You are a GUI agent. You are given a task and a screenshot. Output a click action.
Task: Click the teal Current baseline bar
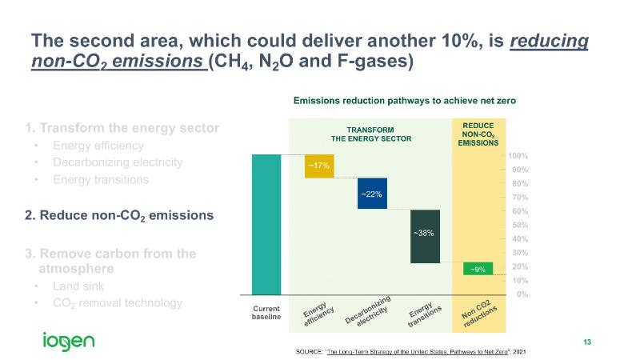coord(266,224)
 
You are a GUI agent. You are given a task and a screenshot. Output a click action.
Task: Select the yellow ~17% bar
coord(319,166)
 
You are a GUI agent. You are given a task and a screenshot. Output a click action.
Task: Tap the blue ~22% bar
coord(372,194)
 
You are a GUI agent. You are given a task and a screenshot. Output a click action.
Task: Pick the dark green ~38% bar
coord(425,235)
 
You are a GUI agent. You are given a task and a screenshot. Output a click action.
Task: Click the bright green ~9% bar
coord(478,269)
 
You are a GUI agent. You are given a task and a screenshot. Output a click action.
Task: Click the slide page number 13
coord(587,342)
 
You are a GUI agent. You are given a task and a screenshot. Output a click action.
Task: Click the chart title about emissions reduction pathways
coord(405,101)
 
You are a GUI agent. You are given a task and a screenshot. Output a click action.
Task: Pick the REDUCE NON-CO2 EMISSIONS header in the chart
coord(478,134)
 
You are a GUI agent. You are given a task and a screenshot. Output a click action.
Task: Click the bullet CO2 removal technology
coord(117,303)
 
